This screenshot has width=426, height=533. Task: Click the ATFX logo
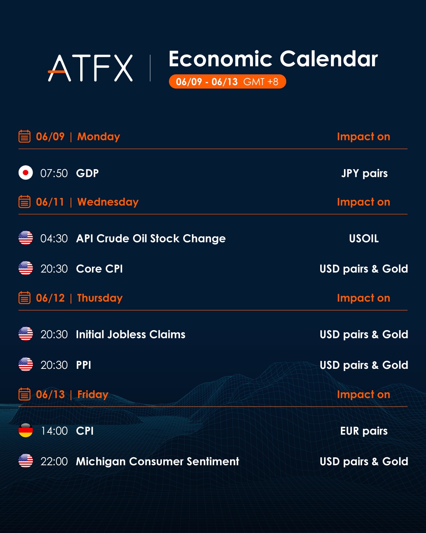91,68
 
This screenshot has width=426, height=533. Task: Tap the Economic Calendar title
273,59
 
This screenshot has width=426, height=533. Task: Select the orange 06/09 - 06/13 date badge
227,81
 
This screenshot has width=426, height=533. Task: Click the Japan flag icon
26,172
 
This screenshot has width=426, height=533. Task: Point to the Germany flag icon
26,430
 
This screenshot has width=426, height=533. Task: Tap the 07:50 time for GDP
54,173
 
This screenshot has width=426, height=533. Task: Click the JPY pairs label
364,173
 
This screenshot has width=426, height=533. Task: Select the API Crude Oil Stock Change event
151,238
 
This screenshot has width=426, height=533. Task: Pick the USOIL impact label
364,238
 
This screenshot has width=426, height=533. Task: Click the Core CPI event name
99,269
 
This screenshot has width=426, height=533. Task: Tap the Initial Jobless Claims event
130,334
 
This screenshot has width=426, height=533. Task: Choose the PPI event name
83,365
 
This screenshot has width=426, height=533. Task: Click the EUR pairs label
364,431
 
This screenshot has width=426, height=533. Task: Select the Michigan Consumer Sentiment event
157,462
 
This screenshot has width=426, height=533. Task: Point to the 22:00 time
54,462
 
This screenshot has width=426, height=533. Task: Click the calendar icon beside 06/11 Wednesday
24,201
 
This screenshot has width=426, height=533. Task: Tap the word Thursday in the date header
100,298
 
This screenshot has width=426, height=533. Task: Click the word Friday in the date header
93,394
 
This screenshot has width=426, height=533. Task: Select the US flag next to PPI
26,364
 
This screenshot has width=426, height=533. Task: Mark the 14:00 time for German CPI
54,431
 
